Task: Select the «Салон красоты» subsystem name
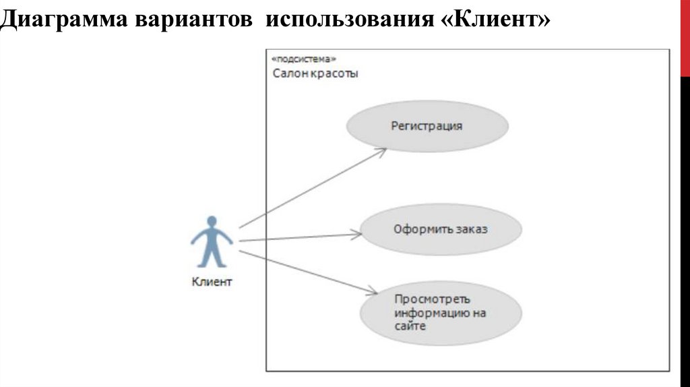click(x=315, y=73)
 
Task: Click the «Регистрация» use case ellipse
click(x=427, y=126)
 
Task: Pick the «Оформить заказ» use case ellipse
click(x=441, y=229)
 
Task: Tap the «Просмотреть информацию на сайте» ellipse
click(x=441, y=313)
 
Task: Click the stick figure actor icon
click(x=212, y=243)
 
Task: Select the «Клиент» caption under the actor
click(x=212, y=282)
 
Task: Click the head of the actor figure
click(x=212, y=222)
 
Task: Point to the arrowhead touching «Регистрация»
click(x=382, y=152)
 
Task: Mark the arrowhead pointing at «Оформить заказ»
click(x=357, y=235)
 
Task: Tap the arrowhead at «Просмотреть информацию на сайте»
click(x=372, y=292)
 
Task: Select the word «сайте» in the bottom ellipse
click(x=410, y=326)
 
